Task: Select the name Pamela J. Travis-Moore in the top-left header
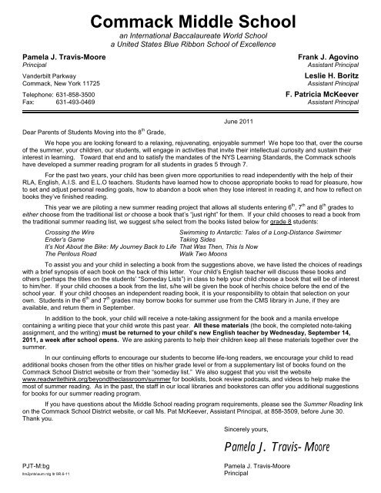click(x=57, y=57)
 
